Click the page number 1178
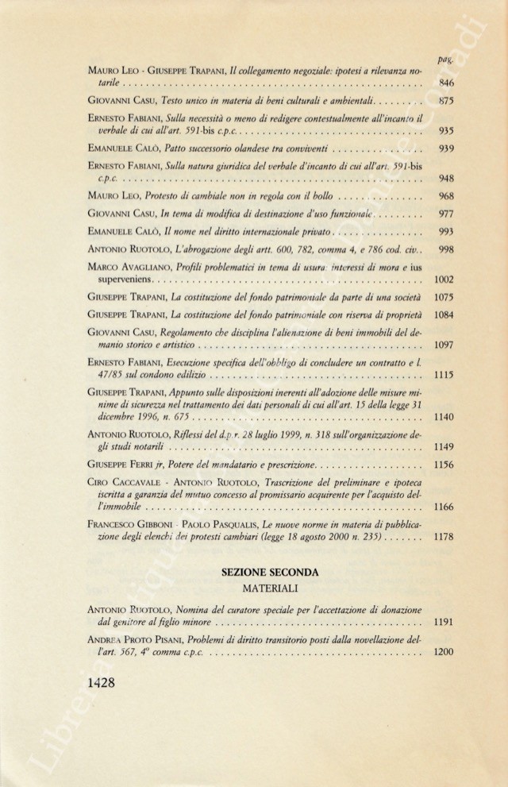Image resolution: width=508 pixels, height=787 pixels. pyautogui.click(x=443, y=537)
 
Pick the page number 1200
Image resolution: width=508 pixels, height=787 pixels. pyautogui.click(x=443, y=652)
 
